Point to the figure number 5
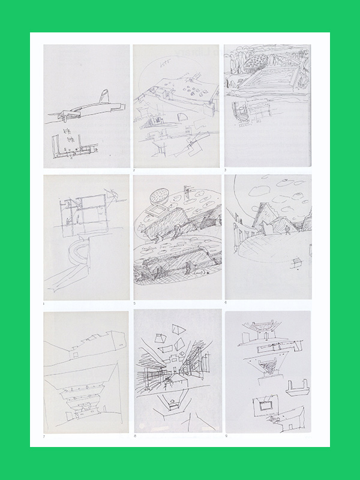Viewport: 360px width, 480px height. coord(134,304)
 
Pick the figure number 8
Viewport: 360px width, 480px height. coord(134,435)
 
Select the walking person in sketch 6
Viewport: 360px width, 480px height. coord(290,229)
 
